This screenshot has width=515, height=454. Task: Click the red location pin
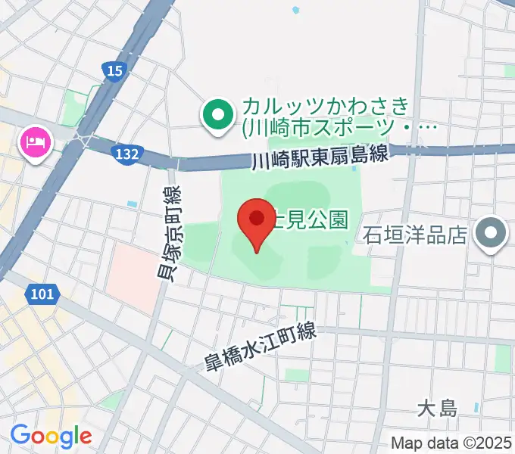[256, 222]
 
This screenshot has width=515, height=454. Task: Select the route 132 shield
[127, 154]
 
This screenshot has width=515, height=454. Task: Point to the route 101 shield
[43, 293]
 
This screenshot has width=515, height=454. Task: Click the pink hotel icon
[36, 141]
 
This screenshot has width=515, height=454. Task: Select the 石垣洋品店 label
[416, 236]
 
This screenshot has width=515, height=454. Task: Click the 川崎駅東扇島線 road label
[319, 157]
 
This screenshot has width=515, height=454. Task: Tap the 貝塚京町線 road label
[169, 235]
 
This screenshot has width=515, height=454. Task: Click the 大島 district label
[439, 409]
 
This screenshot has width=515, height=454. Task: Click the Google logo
[51, 436]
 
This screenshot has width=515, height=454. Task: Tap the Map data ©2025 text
[451, 443]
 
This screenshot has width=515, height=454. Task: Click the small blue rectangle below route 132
[133, 204]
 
